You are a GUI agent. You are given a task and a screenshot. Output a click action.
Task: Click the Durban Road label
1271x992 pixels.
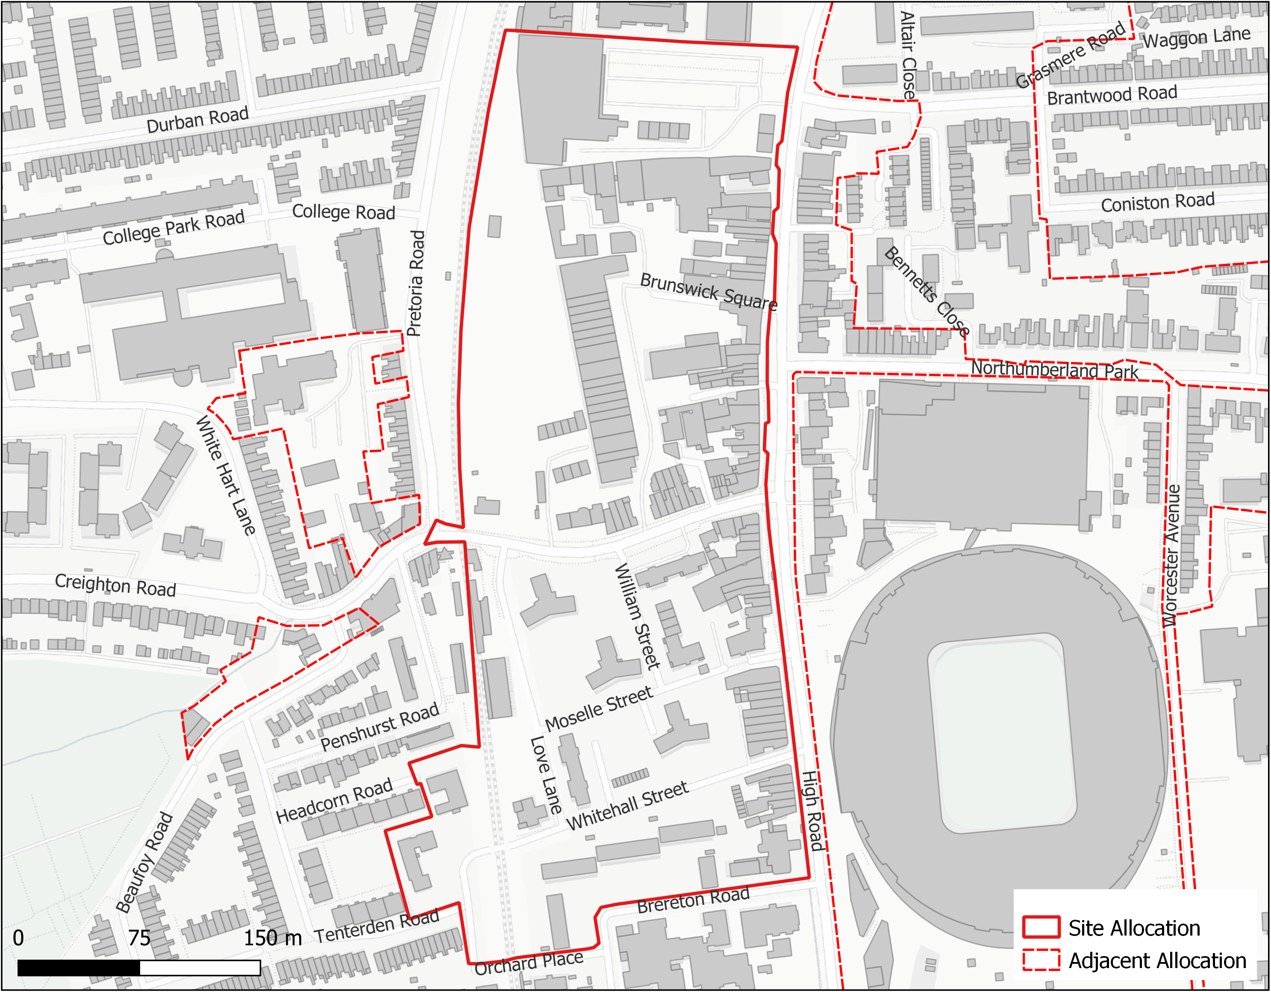197,119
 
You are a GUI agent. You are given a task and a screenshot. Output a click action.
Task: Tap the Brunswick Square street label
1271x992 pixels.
708,292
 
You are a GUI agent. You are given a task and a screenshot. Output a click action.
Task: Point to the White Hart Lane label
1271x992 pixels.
225,475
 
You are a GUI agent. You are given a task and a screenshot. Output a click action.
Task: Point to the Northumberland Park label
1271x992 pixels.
1054,370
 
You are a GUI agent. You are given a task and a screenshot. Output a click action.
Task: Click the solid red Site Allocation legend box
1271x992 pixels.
1041,927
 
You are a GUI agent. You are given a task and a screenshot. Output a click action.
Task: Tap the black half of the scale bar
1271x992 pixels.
79,968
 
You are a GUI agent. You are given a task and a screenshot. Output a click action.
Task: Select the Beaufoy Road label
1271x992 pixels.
144,863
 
